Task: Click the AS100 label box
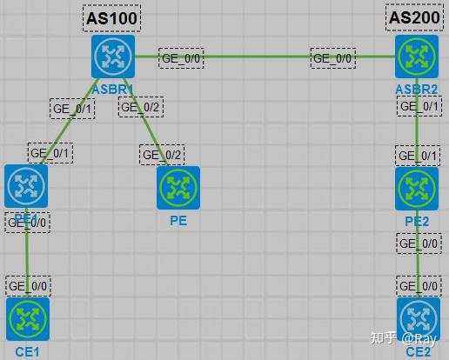(112, 17)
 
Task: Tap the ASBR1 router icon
(113, 57)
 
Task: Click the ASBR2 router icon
(416, 57)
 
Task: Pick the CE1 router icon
(27, 318)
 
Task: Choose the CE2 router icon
(419, 319)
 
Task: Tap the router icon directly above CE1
(25, 185)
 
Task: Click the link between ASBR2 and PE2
(419, 130)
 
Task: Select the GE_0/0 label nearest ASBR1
(181, 58)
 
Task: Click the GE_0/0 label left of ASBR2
(333, 58)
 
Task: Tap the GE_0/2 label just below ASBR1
(141, 107)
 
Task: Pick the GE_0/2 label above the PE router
(162, 155)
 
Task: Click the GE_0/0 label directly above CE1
(28, 284)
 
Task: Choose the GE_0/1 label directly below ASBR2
(419, 105)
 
